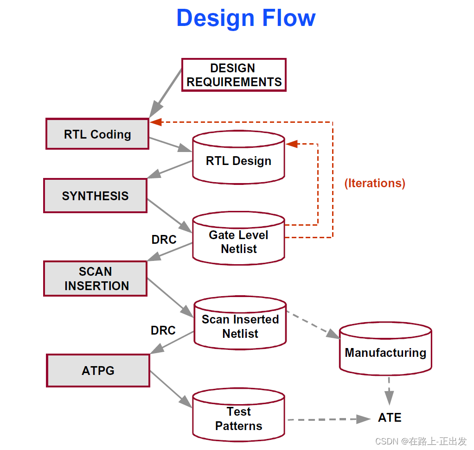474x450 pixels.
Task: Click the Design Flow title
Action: click(246, 19)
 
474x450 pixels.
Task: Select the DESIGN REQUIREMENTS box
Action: click(233, 75)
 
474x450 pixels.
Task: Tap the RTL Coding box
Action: click(97, 134)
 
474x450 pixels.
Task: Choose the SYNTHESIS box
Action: click(95, 196)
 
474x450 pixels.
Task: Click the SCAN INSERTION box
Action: click(95, 279)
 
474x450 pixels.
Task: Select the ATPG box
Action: click(98, 370)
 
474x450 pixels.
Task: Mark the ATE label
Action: click(390, 418)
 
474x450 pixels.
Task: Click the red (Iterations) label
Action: click(375, 183)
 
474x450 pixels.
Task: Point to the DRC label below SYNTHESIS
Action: click(164, 240)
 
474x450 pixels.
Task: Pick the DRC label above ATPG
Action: click(163, 330)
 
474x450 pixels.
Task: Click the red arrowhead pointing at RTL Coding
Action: click(155, 122)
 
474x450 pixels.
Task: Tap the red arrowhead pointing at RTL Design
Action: click(292, 144)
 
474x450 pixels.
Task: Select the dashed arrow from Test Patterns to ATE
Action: click(325, 419)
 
